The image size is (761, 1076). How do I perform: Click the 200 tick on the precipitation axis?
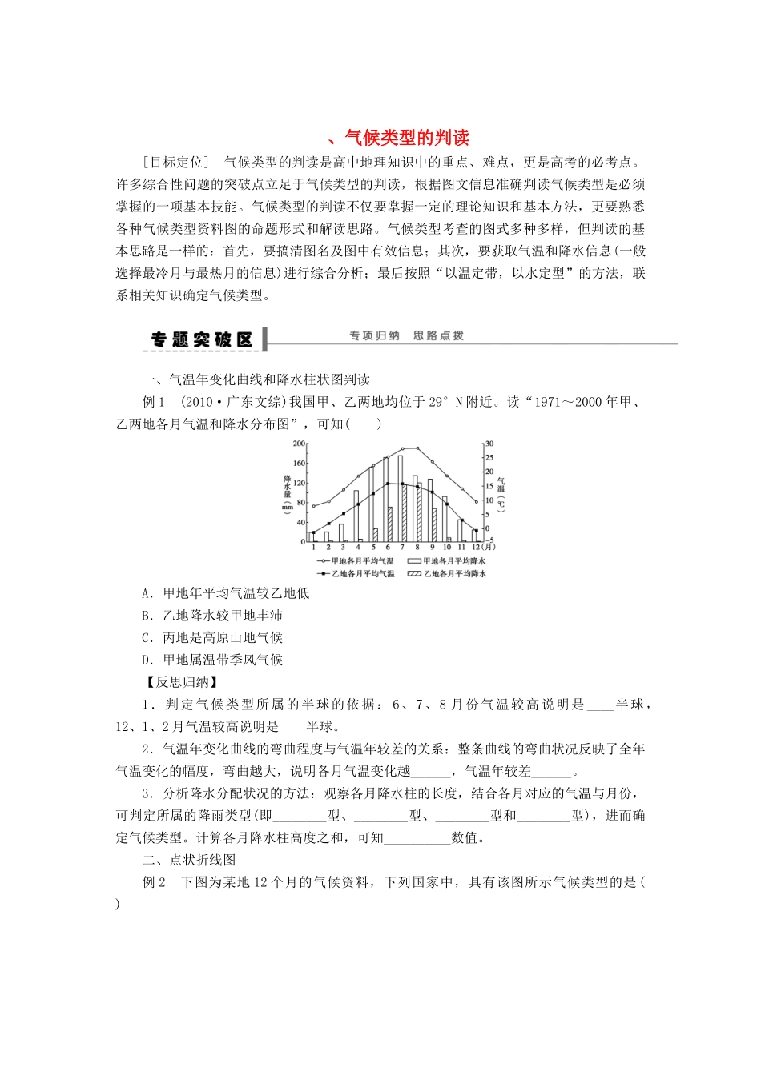(299, 444)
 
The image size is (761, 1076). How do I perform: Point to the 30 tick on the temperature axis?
(489, 444)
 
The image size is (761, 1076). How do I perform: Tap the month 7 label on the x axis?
(402, 547)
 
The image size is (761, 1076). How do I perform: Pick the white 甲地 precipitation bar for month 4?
(356, 516)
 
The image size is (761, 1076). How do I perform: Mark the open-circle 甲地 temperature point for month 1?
(313, 506)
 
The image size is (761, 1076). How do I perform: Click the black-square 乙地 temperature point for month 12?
(477, 531)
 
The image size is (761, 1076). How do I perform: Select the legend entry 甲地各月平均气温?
(356, 561)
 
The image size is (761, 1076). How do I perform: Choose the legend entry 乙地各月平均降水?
(448, 573)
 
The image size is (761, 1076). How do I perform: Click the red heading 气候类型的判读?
(407, 137)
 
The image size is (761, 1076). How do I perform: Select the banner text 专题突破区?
(202, 339)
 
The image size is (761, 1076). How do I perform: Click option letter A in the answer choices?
(147, 593)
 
